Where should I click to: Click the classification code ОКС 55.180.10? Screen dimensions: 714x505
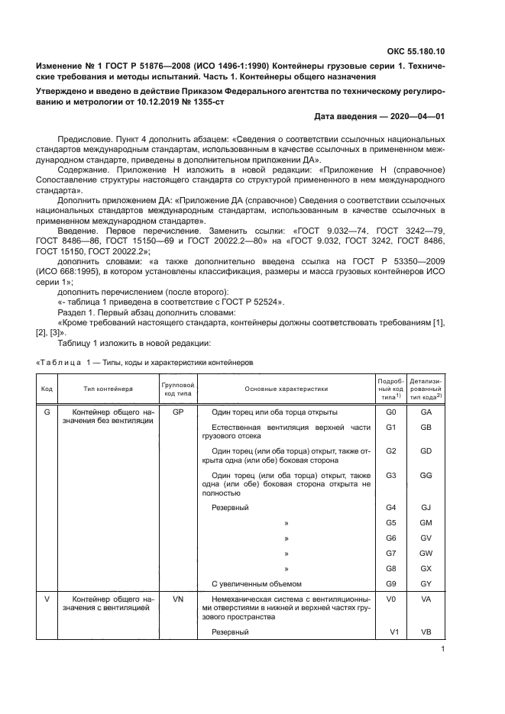point(418,51)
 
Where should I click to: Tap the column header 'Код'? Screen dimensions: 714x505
point(47,389)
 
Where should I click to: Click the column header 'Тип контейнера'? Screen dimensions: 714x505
point(106,389)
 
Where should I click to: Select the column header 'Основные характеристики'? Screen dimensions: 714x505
point(286,389)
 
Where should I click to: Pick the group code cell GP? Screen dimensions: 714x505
point(177,412)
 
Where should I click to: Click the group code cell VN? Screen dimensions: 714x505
point(177,600)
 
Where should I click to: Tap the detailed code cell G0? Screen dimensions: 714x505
point(390,412)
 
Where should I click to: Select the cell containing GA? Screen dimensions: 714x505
point(426,412)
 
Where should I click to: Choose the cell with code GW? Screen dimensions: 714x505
point(426,553)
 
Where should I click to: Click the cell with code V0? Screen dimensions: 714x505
point(390,600)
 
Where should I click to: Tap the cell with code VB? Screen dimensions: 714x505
point(426,633)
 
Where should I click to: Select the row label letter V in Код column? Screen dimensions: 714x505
point(47,600)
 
